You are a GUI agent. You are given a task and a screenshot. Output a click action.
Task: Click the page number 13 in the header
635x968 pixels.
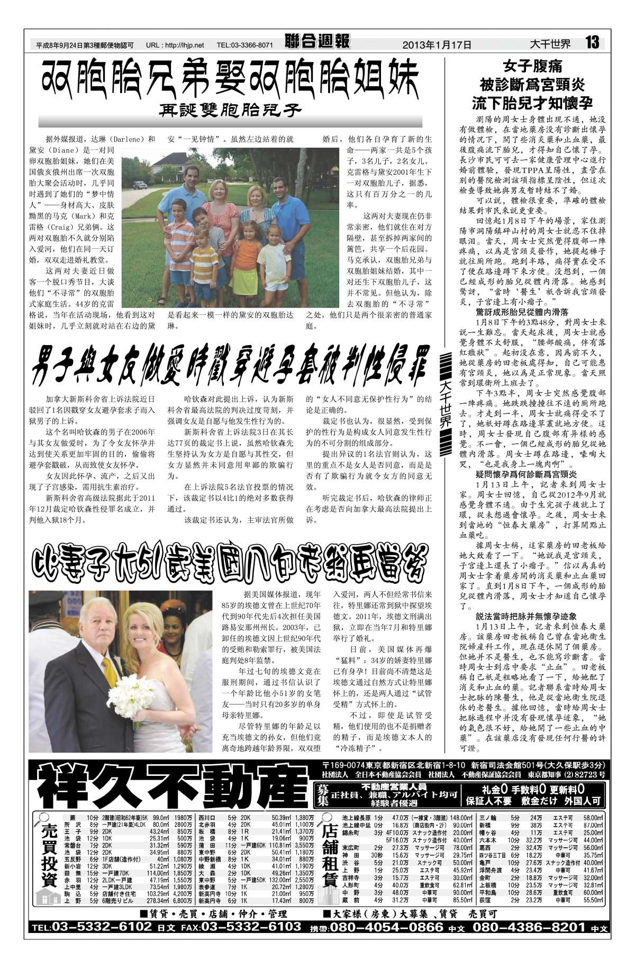click(x=593, y=42)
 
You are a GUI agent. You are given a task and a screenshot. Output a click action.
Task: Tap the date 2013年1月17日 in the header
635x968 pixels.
click(x=437, y=45)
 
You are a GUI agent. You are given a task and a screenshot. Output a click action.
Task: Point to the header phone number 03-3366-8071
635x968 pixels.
click(x=252, y=46)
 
